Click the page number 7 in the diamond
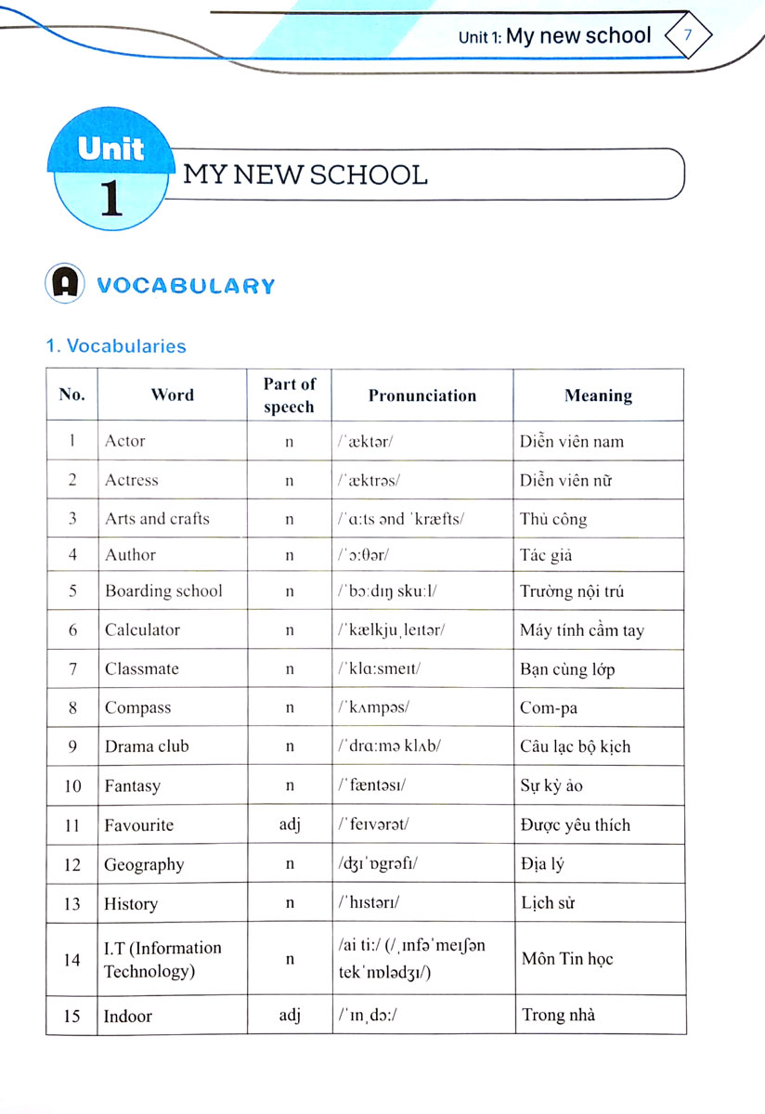(688, 35)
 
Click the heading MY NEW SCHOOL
(305, 175)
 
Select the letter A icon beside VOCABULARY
(64, 284)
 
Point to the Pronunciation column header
(421, 395)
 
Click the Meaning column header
(598, 395)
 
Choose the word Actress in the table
(131, 480)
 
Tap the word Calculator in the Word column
(142, 629)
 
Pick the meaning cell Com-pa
(549, 708)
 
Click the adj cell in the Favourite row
(290, 824)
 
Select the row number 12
(72, 864)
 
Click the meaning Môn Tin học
(567, 959)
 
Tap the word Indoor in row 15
(128, 1016)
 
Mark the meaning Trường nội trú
(572, 591)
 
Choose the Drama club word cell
(147, 746)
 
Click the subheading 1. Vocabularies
(116, 346)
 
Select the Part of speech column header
(290, 395)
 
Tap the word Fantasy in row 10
(132, 786)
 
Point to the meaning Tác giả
(546, 555)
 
